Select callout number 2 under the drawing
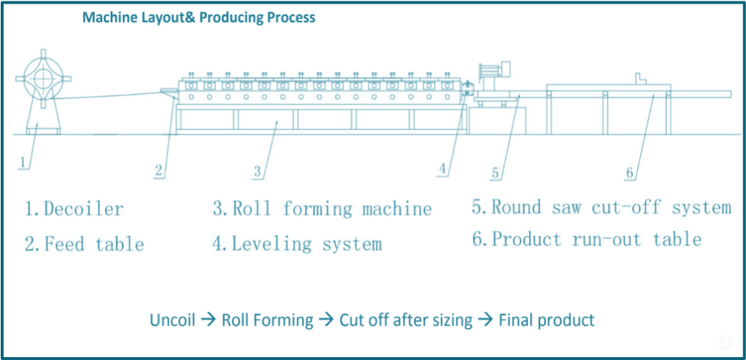160,171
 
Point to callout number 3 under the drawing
257,172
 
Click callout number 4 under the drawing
442,169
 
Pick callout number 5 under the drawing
495,173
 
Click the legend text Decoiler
75,210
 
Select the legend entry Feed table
85,243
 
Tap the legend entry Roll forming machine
323,210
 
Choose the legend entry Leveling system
297,243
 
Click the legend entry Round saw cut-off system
601,208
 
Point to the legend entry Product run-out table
586,239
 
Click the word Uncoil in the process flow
172,320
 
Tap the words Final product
546,320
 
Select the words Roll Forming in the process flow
268,320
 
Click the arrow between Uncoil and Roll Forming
208,320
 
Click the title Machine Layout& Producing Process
199,17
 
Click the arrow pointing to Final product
485,320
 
